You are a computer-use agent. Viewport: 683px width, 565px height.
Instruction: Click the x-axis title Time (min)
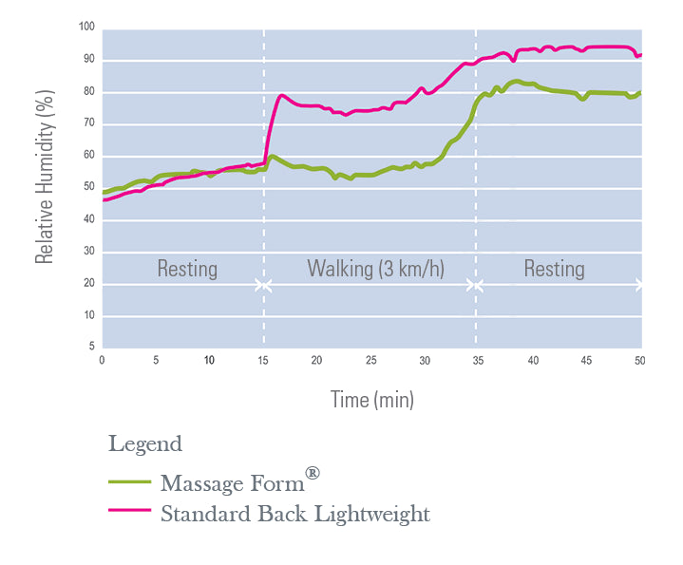[x=371, y=400]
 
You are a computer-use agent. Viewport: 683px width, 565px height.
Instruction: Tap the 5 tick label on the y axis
[x=90, y=347]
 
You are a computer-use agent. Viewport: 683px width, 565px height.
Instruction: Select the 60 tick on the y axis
[x=88, y=155]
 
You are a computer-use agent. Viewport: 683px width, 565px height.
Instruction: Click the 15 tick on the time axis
[x=264, y=361]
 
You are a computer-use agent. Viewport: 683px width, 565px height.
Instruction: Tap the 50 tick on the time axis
[x=641, y=361]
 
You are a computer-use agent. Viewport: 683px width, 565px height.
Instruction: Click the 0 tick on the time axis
[x=103, y=361]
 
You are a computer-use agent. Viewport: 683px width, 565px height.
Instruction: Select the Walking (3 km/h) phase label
[x=375, y=269]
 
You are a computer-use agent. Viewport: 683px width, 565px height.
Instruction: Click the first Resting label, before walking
[x=187, y=269]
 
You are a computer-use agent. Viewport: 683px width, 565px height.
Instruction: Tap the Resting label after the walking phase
[x=554, y=269]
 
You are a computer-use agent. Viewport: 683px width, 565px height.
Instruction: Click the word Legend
[x=144, y=443]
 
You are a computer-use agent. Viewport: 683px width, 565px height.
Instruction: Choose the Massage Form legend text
[x=232, y=483]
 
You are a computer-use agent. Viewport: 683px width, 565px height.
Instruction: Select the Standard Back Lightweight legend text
[x=295, y=515]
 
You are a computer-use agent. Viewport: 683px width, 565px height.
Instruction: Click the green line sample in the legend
[x=129, y=482]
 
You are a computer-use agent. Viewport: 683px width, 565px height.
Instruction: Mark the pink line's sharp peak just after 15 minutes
[x=281, y=95]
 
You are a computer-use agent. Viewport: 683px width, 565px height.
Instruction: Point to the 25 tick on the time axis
[x=371, y=361]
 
